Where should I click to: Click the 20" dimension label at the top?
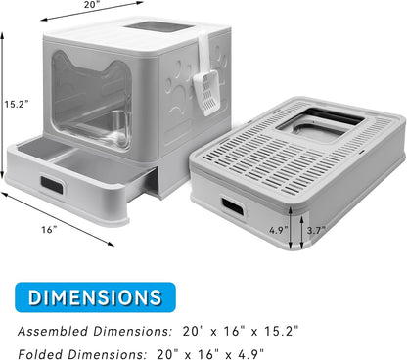point(91,5)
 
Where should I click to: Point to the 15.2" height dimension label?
point(14,102)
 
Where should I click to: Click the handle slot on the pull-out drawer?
point(51,184)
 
